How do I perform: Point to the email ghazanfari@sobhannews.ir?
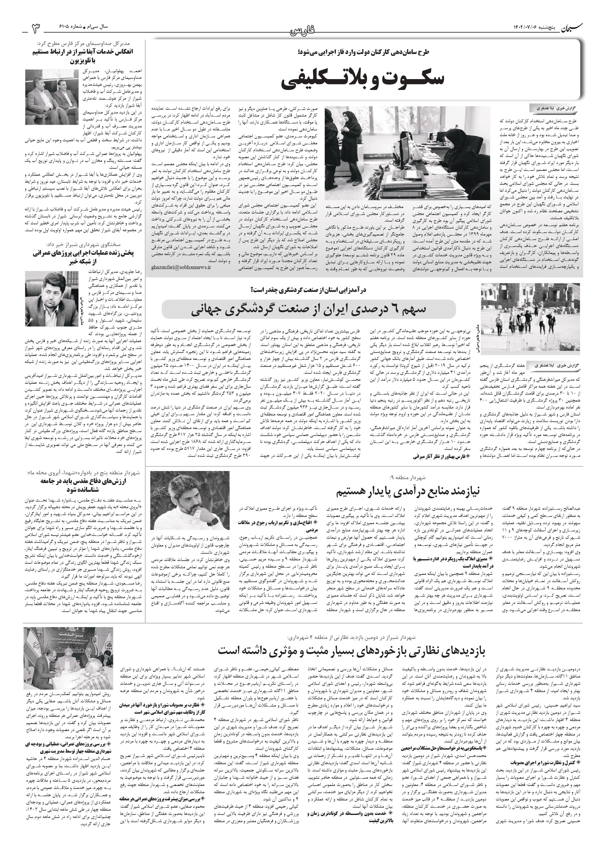(181, 267)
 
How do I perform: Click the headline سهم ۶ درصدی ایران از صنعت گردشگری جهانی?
(309, 310)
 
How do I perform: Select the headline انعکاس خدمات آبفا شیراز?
(83, 56)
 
